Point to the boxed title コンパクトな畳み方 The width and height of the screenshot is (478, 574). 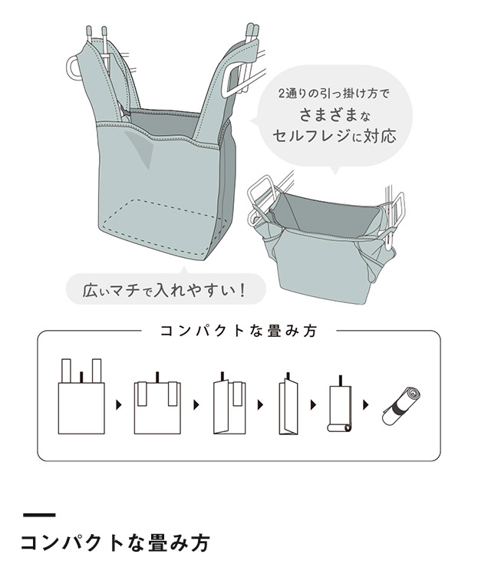[238, 332]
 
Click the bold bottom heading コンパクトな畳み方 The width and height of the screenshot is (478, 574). [115, 543]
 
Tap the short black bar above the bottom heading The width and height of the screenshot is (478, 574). [39, 514]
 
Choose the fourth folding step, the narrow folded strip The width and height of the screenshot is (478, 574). [288, 405]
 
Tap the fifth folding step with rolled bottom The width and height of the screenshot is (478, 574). [338, 405]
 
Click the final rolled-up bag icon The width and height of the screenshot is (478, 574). [401, 405]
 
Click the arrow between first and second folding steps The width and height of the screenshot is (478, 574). [118, 404]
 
